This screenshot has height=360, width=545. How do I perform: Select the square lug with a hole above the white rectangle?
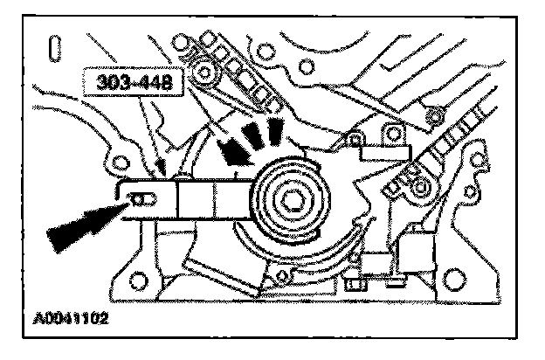[353, 139]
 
